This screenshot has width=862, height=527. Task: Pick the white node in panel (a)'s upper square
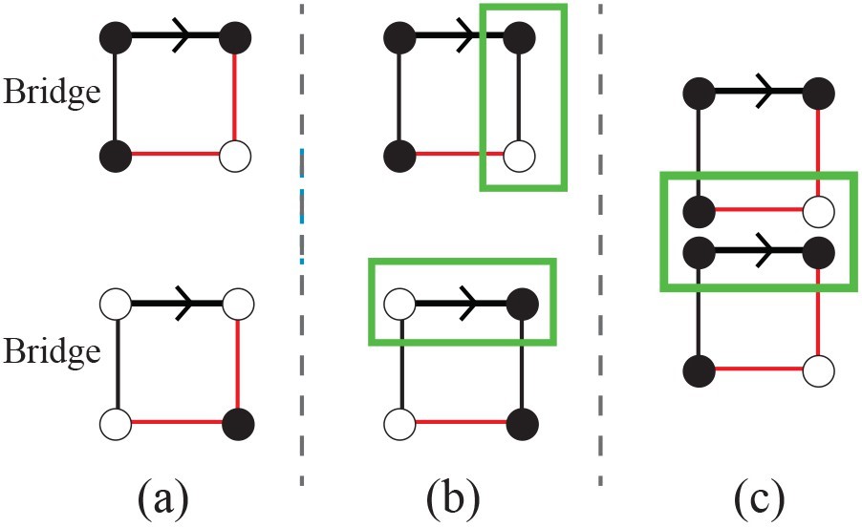pos(235,155)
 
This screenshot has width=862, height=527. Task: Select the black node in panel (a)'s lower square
pos(235,420)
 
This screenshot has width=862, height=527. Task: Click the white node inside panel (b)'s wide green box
pos(399,304)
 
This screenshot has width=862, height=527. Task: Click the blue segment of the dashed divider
pos(301,205)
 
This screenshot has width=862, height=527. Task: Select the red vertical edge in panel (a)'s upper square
pos(235,95)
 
